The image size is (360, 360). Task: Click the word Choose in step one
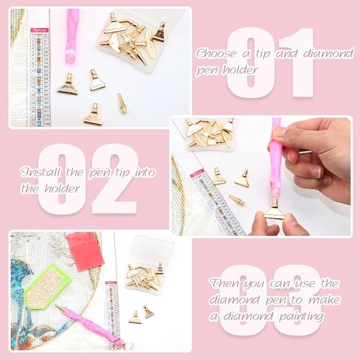click(216, 53)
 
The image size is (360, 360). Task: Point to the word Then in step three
click(226, 283)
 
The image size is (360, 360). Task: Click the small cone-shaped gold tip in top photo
click(122, 103)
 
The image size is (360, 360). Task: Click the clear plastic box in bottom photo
click(149, 266)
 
